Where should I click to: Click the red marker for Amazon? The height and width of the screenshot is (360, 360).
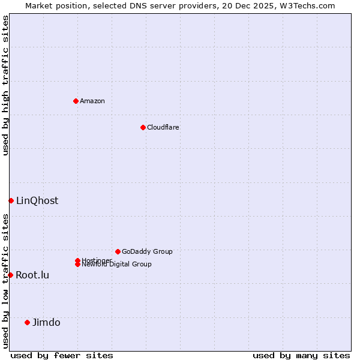tap(76, 101)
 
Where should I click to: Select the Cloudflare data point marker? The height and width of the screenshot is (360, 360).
tap(143, 127)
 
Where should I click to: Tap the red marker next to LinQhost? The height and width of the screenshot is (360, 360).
tap(11, 200)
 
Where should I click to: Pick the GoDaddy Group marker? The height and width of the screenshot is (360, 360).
tap(118, 251)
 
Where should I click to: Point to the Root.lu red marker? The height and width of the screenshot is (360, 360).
tap(10, 275)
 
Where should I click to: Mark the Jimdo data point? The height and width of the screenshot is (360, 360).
tap(27, 322)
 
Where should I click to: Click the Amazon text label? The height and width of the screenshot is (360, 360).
tap(92, 101)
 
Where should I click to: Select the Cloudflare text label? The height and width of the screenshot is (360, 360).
tap(163, 127)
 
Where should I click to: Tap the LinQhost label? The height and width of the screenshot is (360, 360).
tap(37, 200)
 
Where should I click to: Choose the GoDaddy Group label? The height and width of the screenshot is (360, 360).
tap(147, 251)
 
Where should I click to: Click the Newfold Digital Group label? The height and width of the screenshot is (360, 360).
tap(117, 265)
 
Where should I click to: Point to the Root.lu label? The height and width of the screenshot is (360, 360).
tap(32, 275)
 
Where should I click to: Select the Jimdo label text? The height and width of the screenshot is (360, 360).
tap(46, 322)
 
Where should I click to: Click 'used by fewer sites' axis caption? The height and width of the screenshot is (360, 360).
tap(62, 355)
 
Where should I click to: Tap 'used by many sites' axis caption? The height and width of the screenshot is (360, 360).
tap(301, 355)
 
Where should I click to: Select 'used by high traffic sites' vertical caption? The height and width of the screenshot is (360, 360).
tap(5, 85)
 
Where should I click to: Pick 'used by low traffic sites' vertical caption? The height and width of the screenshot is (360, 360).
tap(5, 281)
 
